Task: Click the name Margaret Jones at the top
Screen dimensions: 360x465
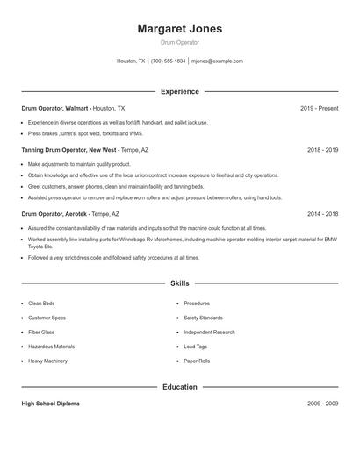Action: pos(179,29)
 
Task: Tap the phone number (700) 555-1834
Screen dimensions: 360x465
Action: pos(169,61)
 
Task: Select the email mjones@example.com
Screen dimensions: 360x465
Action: pos(217,61)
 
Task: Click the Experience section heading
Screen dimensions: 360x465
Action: pos(180,91)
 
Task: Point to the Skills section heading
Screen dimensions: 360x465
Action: pos(180,283)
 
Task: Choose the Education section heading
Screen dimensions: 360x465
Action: pos(180,387)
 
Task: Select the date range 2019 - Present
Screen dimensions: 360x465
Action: pos(319,108)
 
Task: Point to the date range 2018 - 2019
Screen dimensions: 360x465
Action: pos(322,150)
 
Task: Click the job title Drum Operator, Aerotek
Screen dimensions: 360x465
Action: pos(55,213)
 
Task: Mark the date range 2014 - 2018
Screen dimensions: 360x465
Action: pos(322,213)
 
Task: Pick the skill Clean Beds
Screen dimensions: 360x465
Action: pos(41,304)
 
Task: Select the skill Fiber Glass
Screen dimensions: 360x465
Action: pos(41,333)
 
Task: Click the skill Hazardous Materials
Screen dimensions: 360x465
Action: pos(51,347)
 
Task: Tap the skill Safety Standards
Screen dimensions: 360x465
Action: pos(203,318)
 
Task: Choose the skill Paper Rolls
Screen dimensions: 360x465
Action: pos(197,361)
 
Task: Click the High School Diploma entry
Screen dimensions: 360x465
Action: pos(50,404)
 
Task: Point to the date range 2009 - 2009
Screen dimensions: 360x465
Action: pos(322,404)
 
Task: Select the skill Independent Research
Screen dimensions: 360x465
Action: pos(209,333)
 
